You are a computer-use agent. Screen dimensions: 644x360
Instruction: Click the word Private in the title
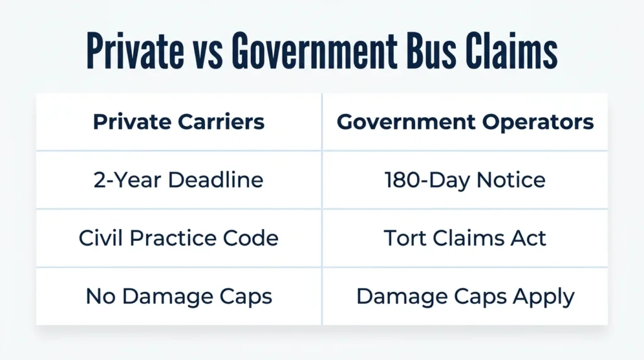(x=135, y=50)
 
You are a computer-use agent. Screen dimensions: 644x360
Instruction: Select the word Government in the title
(x=314, y=50)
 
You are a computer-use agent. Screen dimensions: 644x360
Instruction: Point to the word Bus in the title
(x=431, y=50)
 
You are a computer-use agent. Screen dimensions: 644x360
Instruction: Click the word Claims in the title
(x=511, y=50)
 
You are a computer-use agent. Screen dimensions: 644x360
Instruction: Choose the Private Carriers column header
(x=179, y=121)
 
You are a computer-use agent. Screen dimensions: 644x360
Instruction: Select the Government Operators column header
(x=465, y=122)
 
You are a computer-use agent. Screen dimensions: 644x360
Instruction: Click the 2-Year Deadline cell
(x=178, y=180)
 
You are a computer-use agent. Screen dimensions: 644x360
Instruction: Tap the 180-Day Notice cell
(x=465, y=181)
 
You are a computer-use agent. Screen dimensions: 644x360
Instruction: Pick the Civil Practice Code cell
(x=179, y=238)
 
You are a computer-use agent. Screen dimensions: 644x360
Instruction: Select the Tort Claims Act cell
(x=465, y=238)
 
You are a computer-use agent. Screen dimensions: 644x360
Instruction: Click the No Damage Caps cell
(x=179, y=296)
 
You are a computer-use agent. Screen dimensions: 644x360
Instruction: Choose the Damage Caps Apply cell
(x=465, y=296)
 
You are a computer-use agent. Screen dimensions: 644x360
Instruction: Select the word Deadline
(x=216, y=180)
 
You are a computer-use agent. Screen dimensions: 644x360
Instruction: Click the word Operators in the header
(x=538, y=123)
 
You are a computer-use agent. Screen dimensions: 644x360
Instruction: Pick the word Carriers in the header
(x=221, y=121)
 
